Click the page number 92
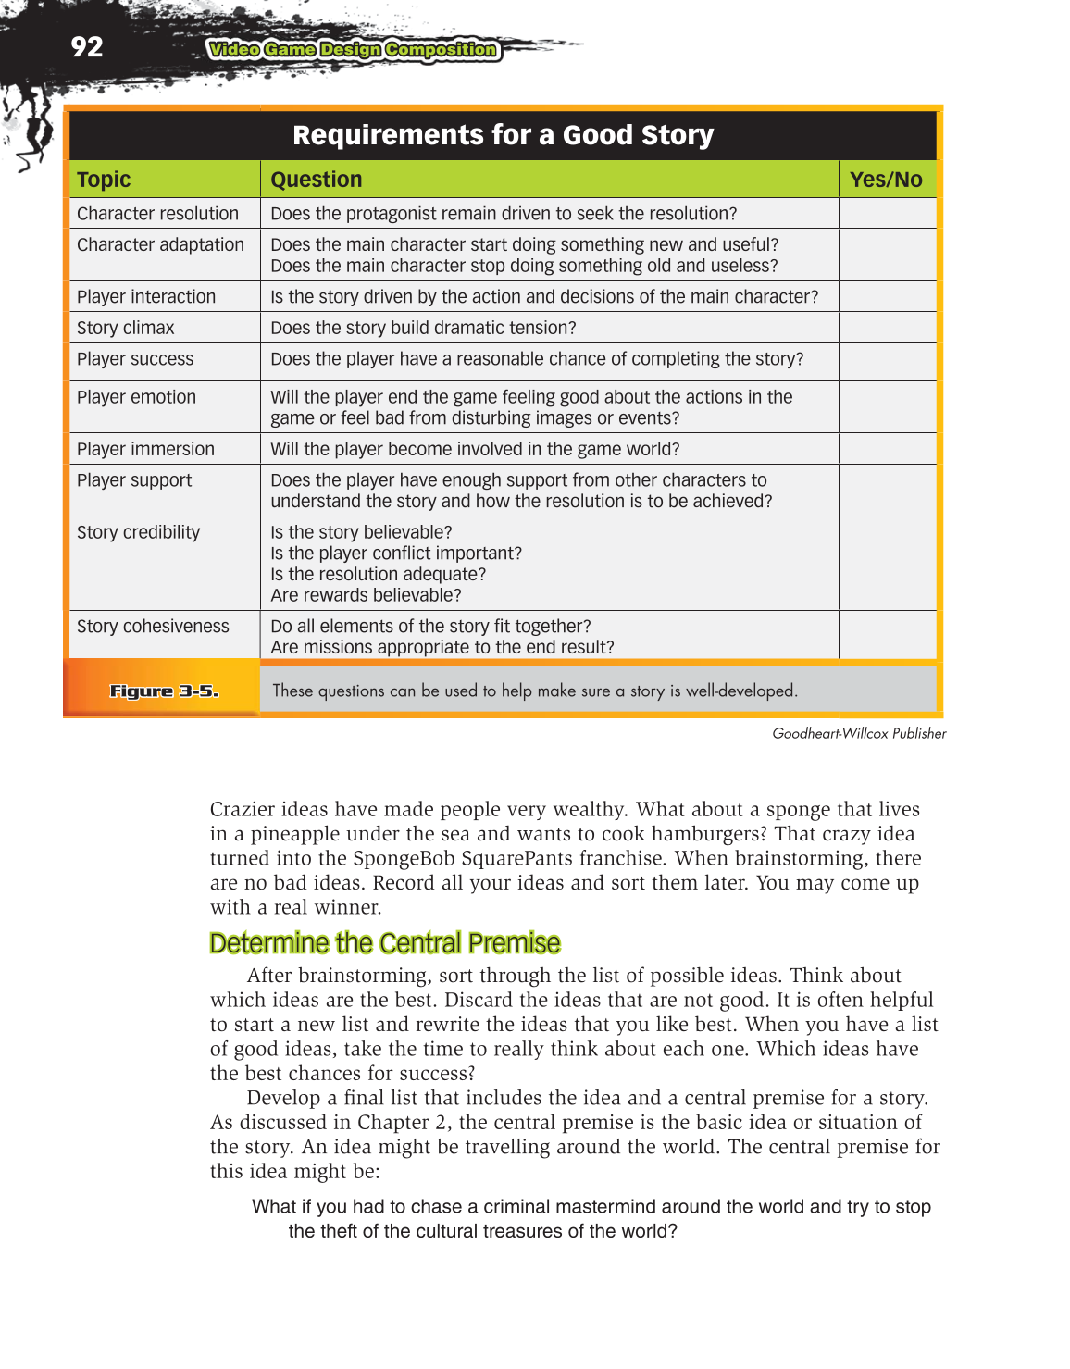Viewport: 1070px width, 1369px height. click(x=87, y=46)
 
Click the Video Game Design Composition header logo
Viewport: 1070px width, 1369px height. click(x=353, y=50)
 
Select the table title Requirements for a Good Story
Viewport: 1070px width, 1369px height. click(x=503, y=135)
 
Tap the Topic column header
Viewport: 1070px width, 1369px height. click(x=104, y=180)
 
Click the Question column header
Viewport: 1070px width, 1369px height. click(x=316, y=180)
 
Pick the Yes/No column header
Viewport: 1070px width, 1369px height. click(x=886, y=180)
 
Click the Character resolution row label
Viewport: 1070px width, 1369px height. click(x=157, y=214)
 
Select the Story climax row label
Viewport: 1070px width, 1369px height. click(x=125, y=328)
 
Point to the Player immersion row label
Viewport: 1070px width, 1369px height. click(x=145, y=449)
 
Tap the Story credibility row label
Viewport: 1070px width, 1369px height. click(x=138, y=532)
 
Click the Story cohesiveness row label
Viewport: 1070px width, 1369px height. click(x=153, y=627)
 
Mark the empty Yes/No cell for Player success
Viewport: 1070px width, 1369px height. click(x=887, y=361)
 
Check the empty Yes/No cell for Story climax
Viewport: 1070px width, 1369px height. click(x=887, y=328)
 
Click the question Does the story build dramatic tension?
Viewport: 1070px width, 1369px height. click(x=423, y=328)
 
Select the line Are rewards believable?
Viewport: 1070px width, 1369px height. click(x=366, y=595)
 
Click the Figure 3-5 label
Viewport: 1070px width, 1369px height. click(x=164, y=691)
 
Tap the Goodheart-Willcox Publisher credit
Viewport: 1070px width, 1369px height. click(x=859, y=733)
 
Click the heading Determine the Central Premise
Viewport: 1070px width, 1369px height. click(x=384, y=943)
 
